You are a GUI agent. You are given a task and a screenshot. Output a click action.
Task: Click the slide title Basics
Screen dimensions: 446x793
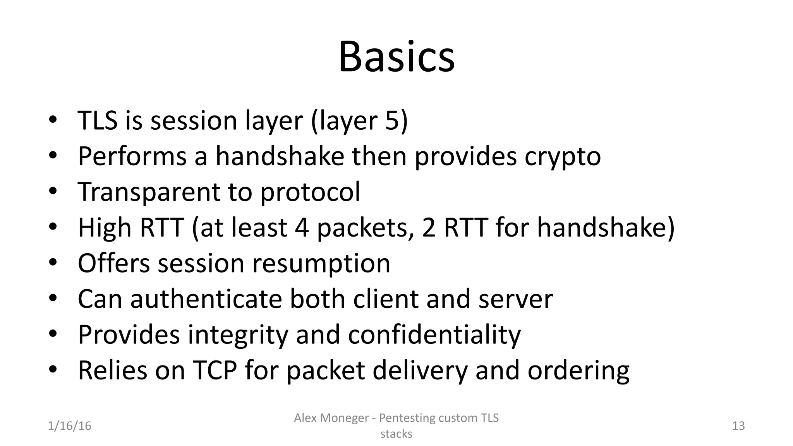click(396, 57)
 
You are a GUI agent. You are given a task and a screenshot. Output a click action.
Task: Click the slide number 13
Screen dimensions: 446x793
click(738, 426)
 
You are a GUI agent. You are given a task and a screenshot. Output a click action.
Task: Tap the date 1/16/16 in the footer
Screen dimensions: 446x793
click(70, 426)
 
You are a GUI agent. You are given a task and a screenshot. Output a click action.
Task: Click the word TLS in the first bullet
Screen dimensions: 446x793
click(98, 120)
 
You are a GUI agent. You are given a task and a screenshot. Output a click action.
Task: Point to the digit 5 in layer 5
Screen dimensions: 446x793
click(392, 120)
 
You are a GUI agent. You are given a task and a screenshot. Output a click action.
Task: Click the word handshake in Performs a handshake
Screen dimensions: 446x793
click(280, 156)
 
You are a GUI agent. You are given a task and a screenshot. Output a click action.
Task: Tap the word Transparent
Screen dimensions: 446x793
click(149, 192)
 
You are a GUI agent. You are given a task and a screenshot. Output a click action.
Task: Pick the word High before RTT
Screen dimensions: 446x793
click(105, 228)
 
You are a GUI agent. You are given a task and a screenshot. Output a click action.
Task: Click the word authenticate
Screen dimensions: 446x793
click(206, 299)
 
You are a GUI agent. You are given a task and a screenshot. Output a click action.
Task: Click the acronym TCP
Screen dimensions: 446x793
click(215, 370)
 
